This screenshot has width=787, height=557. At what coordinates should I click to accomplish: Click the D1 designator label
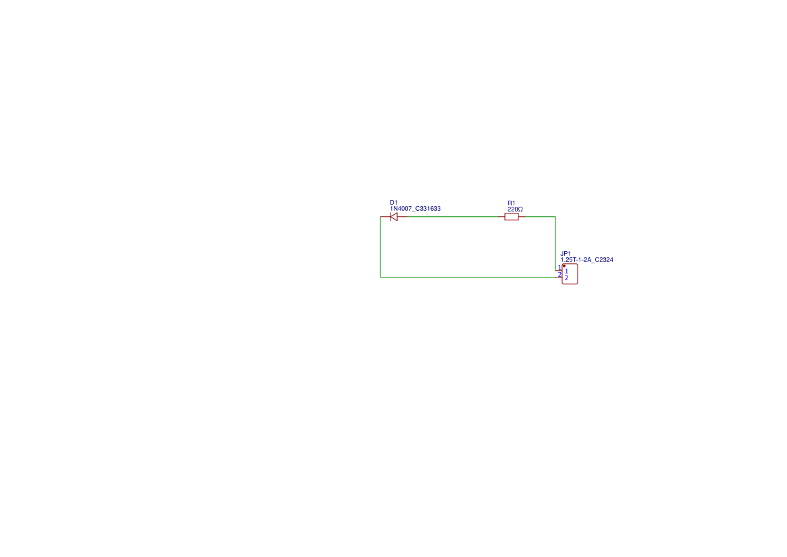tap(393, 203)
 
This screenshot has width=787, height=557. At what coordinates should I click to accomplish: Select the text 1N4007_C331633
tap(415, 208)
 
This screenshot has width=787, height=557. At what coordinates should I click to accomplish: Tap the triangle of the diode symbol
tap(394, 216)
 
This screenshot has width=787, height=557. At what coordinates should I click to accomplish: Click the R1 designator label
tap(512, 203)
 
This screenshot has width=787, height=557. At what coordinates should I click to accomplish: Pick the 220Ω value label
tap(515, 209)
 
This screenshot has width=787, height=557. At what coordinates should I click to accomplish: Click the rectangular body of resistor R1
tap(512, 216)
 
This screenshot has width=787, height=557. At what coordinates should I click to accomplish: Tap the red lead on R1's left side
tap(502, 216)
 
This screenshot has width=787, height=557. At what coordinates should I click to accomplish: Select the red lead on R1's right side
tap(522, 216)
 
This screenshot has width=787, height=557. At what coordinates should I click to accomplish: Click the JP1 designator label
tap(566, 254)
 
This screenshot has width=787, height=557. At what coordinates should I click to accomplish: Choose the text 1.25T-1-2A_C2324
tap(587, 260)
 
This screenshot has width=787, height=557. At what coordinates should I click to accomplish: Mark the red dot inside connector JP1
tap(564, 265)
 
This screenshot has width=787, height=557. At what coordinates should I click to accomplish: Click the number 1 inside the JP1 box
tap(567, 271)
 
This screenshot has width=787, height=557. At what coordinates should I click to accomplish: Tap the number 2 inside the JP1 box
tap(567, 277)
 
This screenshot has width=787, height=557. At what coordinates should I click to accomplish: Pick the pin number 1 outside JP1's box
tap(559, 267)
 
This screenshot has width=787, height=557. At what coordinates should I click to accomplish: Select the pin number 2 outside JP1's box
tap(559, 274)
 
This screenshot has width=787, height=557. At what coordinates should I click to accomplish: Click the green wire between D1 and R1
tap(452, 216)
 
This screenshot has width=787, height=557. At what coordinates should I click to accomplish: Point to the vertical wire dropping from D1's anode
tap(380, 247)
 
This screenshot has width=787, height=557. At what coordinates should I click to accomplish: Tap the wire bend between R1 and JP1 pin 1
tap(555, 217)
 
